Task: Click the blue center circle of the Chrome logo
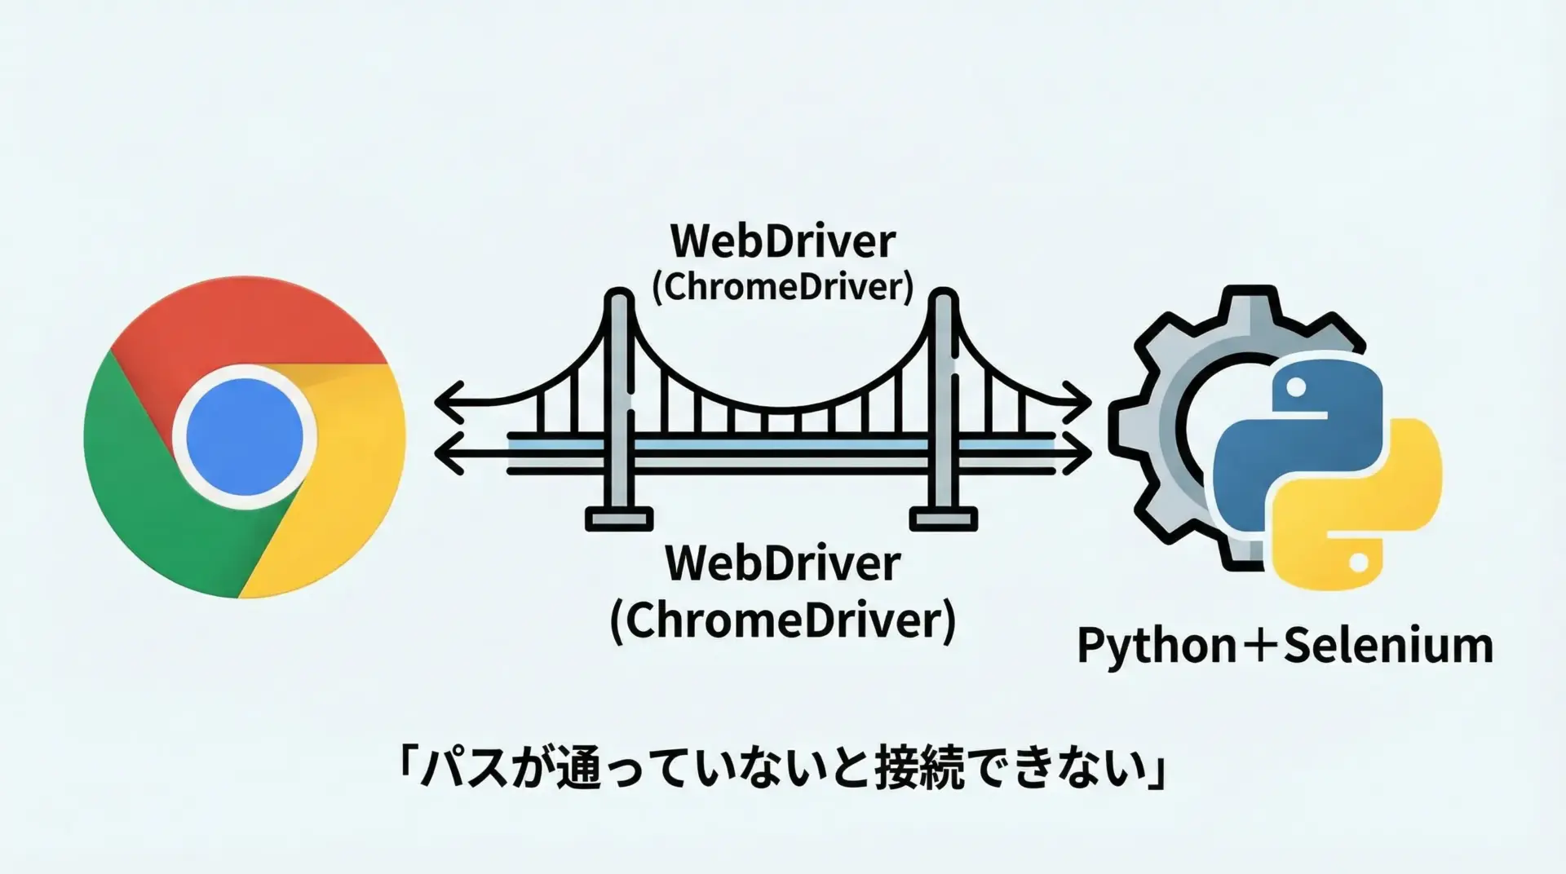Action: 245,436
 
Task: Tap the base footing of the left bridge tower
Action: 619,519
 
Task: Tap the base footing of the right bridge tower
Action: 944,519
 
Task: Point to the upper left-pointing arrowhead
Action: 447,402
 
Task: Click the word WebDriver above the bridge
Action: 783,241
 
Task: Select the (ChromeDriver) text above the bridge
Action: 783,287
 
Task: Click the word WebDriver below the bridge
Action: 783,563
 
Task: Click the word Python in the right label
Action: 1157,647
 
